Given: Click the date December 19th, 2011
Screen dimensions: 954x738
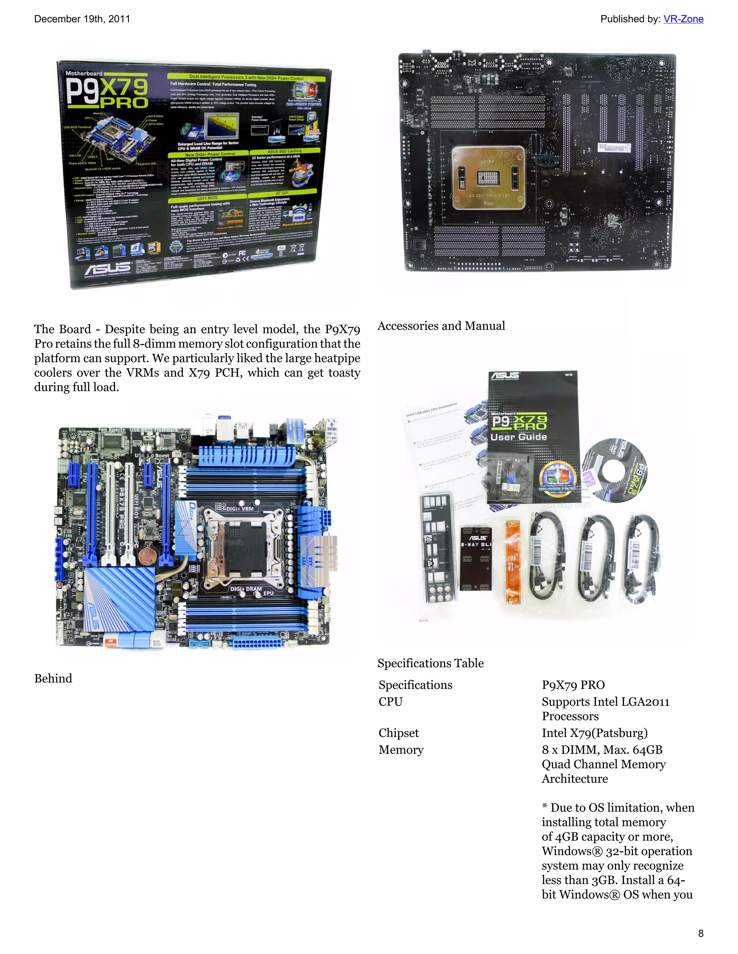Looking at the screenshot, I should [x=82, y=19].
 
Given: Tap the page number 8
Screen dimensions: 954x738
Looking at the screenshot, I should [x=701, y=933].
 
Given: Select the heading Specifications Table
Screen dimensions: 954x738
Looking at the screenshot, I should [x=430, y=663].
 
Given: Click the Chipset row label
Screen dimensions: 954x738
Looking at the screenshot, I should [x=399, y=733].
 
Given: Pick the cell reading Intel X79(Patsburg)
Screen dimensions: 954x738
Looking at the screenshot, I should [x=595, y=733].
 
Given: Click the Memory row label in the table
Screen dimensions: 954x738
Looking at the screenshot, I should [x=401, y=749].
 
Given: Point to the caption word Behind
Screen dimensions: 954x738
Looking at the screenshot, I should [x=53, y=678].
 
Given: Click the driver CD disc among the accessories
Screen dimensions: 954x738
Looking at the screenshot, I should [x=615, y=471].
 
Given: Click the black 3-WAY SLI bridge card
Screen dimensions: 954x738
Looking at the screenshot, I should [x=476, y=558].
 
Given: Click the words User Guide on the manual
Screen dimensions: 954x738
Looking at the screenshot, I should [x=519, y=437].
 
